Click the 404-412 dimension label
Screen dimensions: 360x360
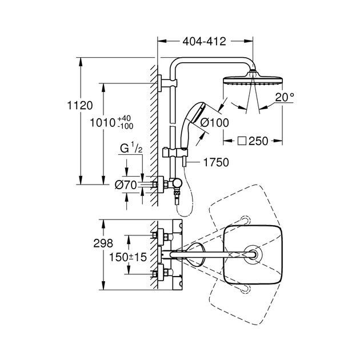tap(204, 42)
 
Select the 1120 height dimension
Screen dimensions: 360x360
tap(80, 106)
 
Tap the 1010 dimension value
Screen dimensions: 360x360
tap(102, 123)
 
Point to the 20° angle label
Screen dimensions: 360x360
tap(285, 97)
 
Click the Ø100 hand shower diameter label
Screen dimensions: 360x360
tap(214, 123)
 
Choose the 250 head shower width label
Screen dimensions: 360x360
tap(258, 141)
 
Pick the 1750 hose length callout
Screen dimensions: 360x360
tap(216, 162)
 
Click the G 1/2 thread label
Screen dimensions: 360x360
tap(131, 148)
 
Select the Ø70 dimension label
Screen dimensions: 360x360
tap(126, 185)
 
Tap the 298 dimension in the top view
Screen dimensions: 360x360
tap(103, 243)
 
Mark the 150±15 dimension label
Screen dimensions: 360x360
tap(127, 257)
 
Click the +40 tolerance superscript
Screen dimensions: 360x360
tap(124, 119)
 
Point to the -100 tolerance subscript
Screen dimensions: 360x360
tap(125, 126)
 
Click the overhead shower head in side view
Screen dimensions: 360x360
tap(253, 79)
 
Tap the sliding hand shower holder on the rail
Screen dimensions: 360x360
tap(175, 152)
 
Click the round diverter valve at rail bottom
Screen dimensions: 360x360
tap(178, 183)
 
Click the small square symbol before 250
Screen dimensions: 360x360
tap(242, 141)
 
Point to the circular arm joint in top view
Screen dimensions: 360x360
tap(253, 255)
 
